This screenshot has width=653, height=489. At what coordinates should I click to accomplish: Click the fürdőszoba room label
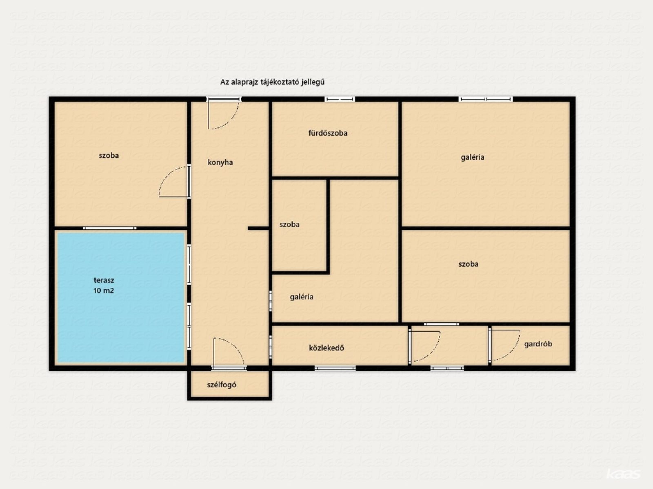(x=328, y=133)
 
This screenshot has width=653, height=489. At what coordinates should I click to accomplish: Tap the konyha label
(x=220, y=162)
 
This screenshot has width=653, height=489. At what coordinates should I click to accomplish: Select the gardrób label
(x=538, y=344)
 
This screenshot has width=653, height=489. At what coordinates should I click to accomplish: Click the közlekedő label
(x=326, y=348)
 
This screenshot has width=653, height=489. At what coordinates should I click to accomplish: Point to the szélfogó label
(x=222, y=385)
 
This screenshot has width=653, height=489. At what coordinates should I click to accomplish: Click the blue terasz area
(x=120, y=297)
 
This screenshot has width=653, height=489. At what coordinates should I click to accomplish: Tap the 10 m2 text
(x=104, y=291)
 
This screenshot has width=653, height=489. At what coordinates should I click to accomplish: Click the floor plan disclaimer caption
(x=272, y=82)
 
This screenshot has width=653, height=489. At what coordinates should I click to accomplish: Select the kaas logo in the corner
(x=623, y=474)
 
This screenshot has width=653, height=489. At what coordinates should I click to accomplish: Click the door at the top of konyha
(x=223, y=113)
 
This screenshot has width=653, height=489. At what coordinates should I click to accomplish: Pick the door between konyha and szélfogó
(x=229, y=354)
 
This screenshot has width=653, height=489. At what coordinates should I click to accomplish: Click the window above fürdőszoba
(x=340, y=99)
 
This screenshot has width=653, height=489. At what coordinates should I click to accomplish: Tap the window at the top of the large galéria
(x=486, y=99)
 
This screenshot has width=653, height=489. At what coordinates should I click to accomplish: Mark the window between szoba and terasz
(x=109, y=228)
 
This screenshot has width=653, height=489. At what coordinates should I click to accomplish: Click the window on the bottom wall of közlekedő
(x=335, y=368)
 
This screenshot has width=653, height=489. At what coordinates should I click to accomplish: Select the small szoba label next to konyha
(x=289, y=225)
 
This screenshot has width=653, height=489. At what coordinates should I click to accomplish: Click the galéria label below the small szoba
(x=302, y=297)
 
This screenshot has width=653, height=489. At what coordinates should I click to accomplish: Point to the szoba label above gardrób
(x=469, y=264)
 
